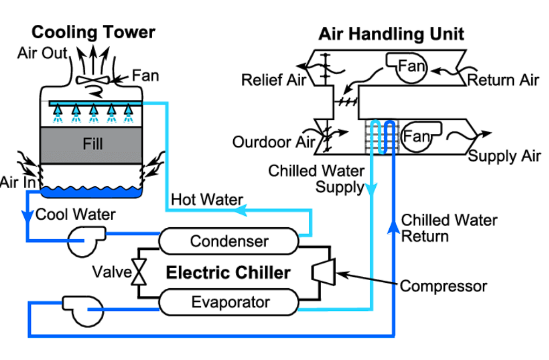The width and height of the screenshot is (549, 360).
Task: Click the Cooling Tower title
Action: coord(93,32)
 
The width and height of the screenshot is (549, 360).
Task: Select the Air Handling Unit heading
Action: coord(391,34)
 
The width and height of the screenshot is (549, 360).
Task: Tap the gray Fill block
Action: coord(92,144)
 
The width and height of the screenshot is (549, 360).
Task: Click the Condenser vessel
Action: coord(229,241)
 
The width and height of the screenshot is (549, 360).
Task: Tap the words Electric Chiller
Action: coord(228,272)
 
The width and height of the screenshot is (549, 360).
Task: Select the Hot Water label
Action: coord(207,199)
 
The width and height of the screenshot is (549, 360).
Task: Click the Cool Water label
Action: coord(75,214)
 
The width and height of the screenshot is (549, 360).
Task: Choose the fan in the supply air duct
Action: coord(416,135)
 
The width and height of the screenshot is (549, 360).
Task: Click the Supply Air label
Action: coord(504,156)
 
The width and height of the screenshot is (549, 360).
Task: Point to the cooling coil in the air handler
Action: coord(382,138)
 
